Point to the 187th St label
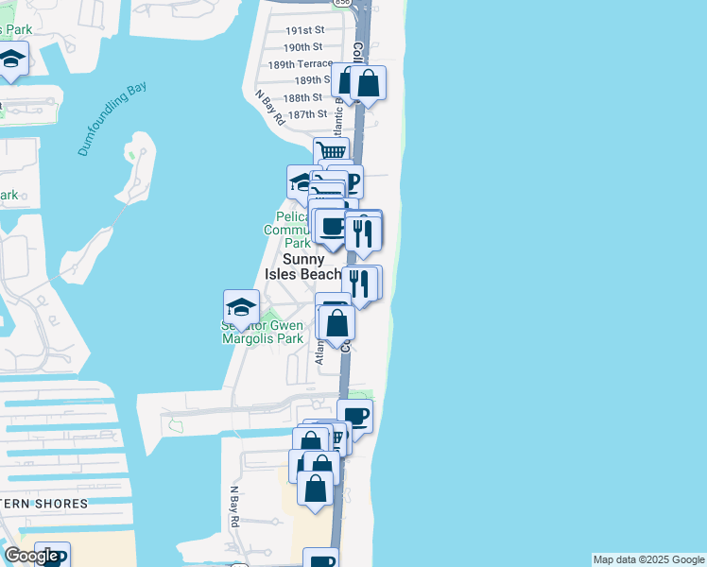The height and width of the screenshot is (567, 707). click(307, 114)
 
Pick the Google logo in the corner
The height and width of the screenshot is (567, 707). click(30, 556)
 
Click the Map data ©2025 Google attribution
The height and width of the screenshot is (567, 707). click(648, 559)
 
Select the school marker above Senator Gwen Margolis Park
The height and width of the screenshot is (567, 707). click(242, 306)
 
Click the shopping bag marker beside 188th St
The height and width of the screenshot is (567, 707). click(368, 82)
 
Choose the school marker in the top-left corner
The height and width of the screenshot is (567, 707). click(11, 59)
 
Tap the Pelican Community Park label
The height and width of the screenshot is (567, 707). click(286, 230)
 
